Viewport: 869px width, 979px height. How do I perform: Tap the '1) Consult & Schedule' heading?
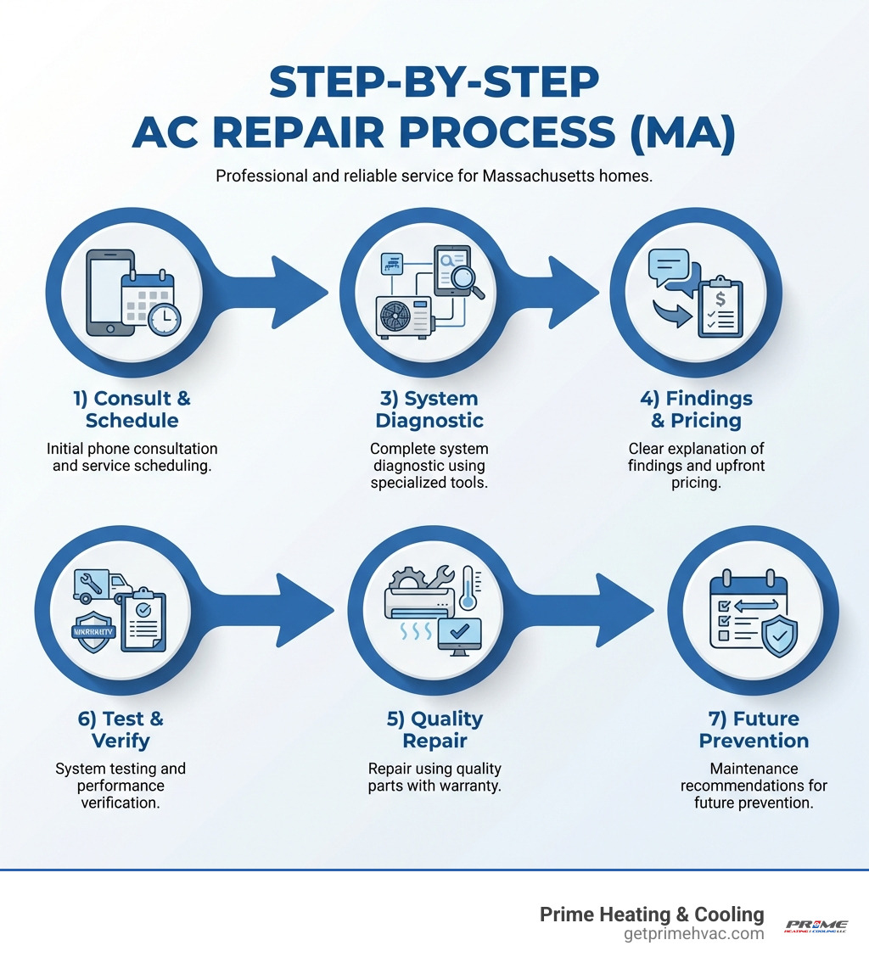(132, 409)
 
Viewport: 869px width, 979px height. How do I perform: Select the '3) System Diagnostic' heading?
(428, 409)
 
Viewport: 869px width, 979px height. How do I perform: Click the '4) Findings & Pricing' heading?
(696, 409)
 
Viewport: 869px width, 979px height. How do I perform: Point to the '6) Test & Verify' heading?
(121, 730)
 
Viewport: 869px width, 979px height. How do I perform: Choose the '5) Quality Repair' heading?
(434, 730)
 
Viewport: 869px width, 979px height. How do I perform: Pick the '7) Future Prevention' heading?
(754, 730)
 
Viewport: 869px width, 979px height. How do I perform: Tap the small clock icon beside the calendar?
(163, 319)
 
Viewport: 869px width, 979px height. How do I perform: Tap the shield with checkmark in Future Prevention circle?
(779, 636)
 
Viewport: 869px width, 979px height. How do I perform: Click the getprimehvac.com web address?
(693, 934)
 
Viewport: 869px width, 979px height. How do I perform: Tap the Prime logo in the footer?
(816, 925)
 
